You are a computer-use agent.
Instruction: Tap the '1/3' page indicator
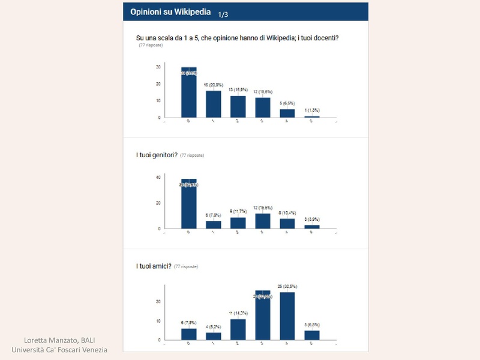click(223, 14)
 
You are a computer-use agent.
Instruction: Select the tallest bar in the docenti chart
click(189, 92)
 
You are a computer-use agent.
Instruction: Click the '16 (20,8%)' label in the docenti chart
click(214, 86)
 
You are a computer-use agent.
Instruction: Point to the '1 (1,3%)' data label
click(312, 110)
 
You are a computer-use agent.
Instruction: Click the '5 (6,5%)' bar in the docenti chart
click(287, 113)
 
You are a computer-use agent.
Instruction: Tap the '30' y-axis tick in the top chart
click(158, 67)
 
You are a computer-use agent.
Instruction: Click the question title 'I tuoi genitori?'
click(157, 155)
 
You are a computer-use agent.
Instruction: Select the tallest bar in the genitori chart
click(189, 204)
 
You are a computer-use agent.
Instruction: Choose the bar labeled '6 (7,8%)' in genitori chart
click(214, 224)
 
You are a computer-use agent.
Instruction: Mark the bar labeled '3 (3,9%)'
click(312, 226)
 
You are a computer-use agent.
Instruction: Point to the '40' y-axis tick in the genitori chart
click(158, 178)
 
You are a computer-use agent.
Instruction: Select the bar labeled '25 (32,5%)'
click(287, 316)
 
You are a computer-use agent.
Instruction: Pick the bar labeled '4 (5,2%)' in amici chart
click(214, 336)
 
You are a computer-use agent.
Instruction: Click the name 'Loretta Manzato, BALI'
click(59, 340)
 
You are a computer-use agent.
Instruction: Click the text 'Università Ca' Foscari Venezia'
click(59, 350)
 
